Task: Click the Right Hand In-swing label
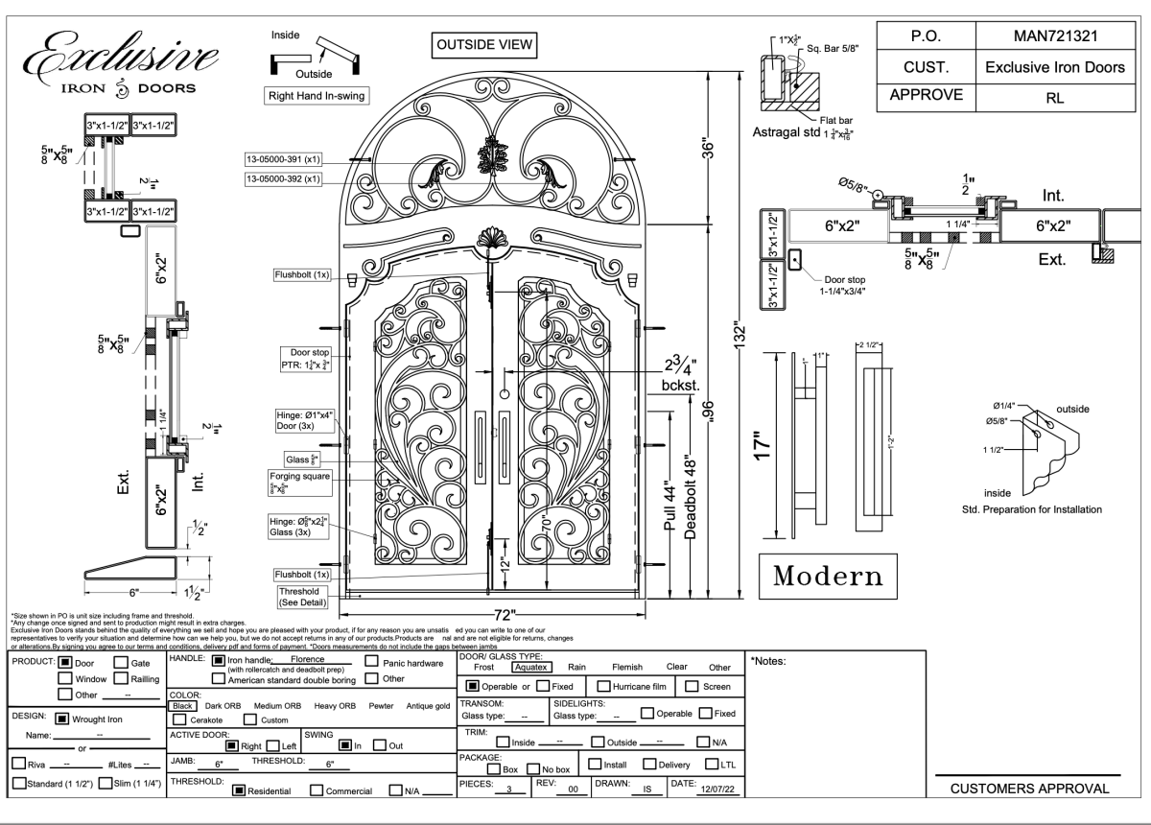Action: [x=317, y=96]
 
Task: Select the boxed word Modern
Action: [x=827, y=576]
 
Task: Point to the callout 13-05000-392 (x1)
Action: [x=283, y=178]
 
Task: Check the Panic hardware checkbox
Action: [x=372, y=662]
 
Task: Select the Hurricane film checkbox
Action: [x=604, y=686]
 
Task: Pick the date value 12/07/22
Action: [x=713, y=790]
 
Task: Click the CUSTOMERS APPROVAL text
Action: [x=1028, y=789]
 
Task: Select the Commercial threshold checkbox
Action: [x=317, y=790]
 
